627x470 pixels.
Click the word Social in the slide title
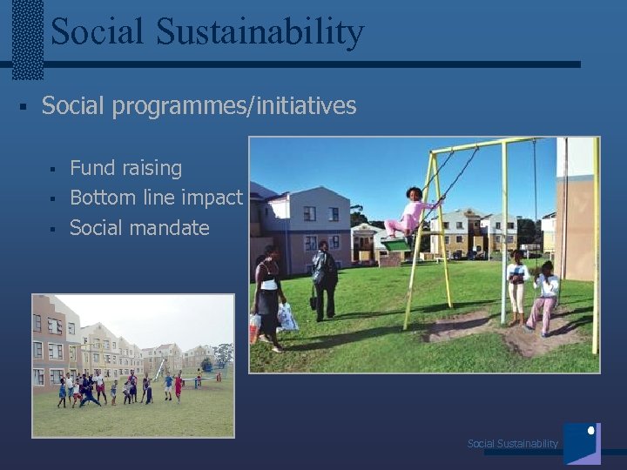[98, 32]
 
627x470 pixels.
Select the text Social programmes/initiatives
[199, 106]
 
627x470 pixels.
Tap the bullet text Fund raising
[125, 168]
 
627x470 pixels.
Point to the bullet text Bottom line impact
[156, 198]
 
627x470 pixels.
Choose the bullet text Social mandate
[139, 228]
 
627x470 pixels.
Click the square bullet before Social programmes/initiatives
[23, 107]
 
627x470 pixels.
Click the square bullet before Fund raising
[52, 169]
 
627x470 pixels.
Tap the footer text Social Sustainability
[512, 444]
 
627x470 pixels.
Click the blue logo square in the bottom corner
[582, 443]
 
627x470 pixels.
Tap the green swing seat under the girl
[399, 245]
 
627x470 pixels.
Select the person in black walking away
[325, 279]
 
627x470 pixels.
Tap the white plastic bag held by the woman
[287, 317]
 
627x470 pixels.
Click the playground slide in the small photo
[158, 368]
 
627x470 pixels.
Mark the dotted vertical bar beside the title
[28, 39]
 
